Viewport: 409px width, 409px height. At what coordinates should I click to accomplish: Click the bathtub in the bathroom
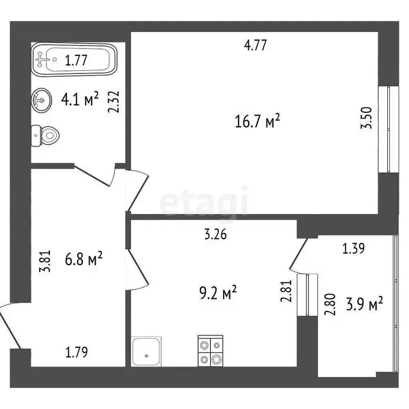[x=74, y=60]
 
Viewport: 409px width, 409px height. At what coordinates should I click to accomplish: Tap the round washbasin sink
[x=41, y=100]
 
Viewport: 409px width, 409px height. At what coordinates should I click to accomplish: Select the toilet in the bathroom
[x=45, y=135]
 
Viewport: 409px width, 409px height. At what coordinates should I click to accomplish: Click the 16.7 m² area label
[x=257, y=122]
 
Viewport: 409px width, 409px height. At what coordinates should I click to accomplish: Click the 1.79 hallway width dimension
[x=77, y=352]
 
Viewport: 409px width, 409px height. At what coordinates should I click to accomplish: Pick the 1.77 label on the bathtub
[x=77, y=60]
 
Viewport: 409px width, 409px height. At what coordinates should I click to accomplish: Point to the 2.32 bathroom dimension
[x=112, y=102]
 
